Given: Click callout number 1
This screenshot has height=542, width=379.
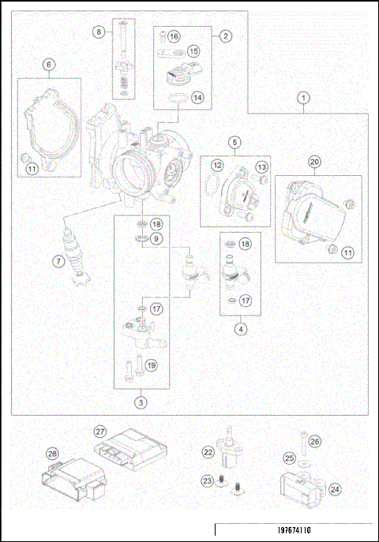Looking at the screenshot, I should [x=303, y=98].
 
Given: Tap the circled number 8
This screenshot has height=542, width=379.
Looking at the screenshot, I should [x=99, y=32].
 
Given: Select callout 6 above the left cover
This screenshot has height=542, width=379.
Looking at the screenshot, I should [x=49, y=65].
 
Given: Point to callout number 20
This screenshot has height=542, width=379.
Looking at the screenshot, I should [x=313, y=163].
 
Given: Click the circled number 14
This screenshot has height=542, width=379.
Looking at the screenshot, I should [x=197, y=98].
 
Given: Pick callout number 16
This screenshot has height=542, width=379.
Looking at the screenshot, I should [x=174, y=37].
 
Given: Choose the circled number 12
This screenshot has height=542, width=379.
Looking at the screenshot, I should [x=215, y=165].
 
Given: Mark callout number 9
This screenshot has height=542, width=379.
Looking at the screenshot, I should [x=156, y=238].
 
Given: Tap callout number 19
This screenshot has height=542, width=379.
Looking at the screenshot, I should [x=152, y=364].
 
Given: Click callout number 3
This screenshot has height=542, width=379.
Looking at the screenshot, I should [x=141, y=402].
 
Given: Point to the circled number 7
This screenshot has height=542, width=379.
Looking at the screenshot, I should [x=58, y=261].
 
